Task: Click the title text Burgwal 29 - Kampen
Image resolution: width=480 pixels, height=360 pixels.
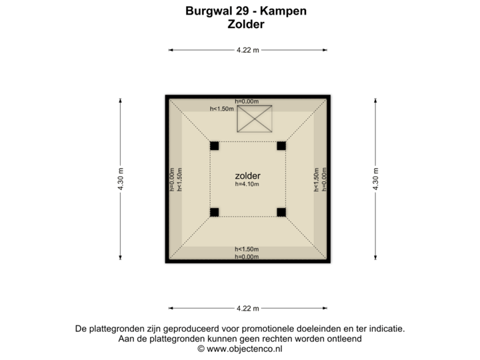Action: click(x=246, y=12)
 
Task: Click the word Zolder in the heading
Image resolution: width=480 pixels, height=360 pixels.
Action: click(x=246, y=24)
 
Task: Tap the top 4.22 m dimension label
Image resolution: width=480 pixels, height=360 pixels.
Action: click(x=247, y=50)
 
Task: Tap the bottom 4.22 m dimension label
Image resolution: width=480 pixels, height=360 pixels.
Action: click(x=247, y=308)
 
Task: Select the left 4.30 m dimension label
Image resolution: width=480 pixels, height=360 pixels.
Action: click(x=121, y=179)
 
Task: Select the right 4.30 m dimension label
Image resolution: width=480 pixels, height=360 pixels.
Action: click(x=375, y=179)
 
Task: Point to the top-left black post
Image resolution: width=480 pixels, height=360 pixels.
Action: click(x=215, y=145)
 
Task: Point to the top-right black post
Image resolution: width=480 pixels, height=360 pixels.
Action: click(x=281, y=145)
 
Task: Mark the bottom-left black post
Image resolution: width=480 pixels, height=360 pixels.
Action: click(x=215, y=213)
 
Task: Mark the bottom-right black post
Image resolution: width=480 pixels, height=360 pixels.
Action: click(x=281, y=213)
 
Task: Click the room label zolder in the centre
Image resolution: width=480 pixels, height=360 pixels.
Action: click(x=247, y=175)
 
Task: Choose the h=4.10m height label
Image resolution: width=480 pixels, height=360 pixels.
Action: click(x=247, y=184)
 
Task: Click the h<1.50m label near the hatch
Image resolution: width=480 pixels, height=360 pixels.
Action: click(x=221, y=108)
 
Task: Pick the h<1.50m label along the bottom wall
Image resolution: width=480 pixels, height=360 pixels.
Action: click(x=247, y=250)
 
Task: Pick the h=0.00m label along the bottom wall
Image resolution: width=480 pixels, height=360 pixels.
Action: click(x=247, y=257)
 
